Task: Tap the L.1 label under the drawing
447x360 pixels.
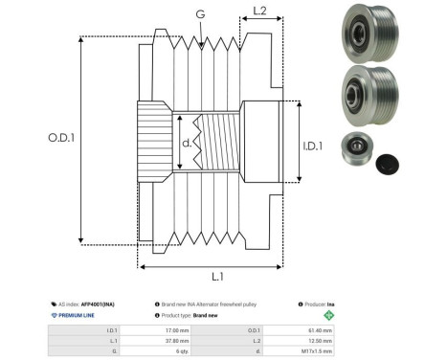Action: (x=216, y=276)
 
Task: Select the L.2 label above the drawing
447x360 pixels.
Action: (x=258, y=11)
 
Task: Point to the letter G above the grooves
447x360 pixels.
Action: (x=199, y=14)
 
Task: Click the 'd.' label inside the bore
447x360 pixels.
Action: (x=187, y=145)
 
